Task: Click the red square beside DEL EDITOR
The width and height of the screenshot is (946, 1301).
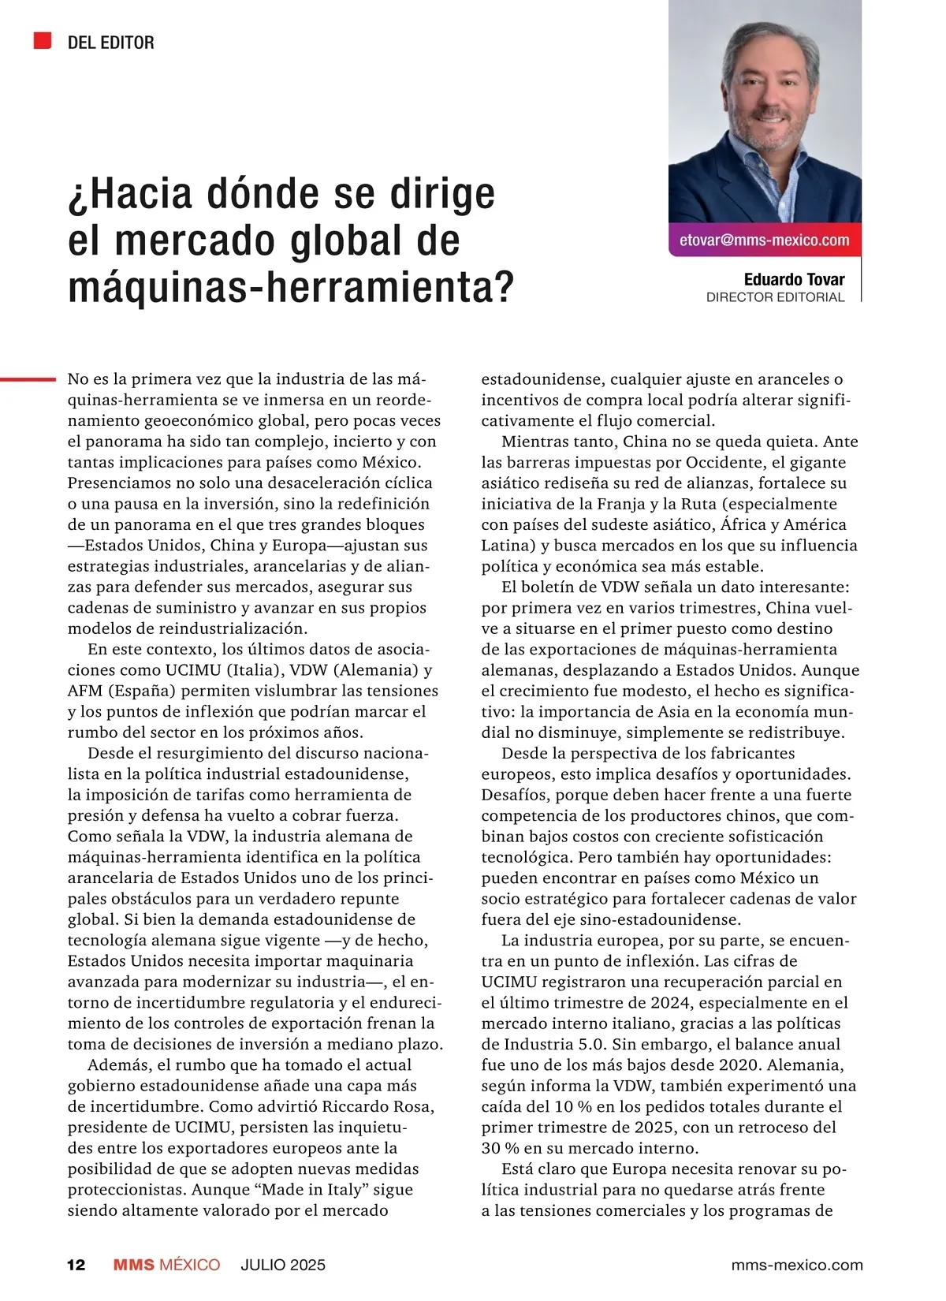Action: pos(43,41)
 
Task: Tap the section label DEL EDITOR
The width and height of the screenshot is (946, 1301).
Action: pos(110,43)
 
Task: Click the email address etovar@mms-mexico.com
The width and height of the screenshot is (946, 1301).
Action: pos(764,240)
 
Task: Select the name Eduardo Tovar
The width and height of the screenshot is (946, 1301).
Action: pos(794,279)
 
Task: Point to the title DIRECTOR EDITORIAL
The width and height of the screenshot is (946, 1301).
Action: pos(775,297)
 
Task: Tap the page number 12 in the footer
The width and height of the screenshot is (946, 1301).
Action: pos(76,1265)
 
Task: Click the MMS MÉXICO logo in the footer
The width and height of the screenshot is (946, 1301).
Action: pos(166,1265)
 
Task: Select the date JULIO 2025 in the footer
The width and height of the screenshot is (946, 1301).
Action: pos(283,1265)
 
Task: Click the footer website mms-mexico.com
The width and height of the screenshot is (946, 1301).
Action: pos(797,1265)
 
